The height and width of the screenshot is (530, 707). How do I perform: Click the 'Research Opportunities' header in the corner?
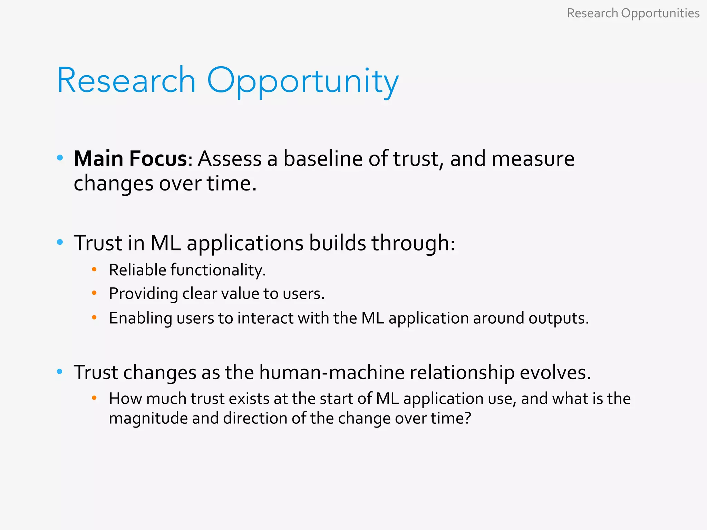633,13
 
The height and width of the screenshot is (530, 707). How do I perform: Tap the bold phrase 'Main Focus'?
130,159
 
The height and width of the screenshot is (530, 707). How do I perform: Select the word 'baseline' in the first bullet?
323,159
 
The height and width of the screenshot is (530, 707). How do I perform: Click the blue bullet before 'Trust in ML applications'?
60,242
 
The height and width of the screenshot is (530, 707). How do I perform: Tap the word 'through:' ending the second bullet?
413,243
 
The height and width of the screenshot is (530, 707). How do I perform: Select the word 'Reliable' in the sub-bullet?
137,270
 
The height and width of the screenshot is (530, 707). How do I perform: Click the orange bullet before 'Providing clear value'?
94,293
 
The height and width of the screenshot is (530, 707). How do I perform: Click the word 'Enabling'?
140,318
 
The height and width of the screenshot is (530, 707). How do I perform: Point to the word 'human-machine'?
332,372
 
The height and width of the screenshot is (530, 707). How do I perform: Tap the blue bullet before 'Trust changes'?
60,372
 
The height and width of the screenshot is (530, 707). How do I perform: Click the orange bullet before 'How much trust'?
94,398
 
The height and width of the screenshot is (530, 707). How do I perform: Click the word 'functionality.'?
218,270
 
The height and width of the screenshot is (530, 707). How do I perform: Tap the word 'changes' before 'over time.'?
113,183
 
